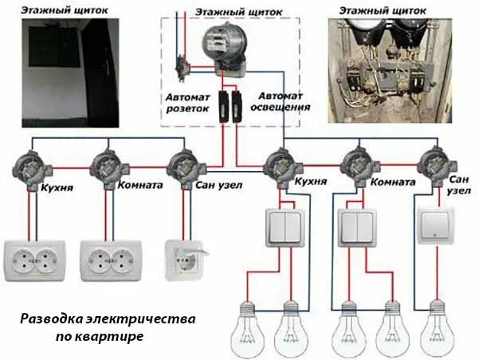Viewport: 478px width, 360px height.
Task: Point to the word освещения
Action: pos(280,106)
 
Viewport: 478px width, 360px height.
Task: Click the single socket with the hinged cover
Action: pos(186,259)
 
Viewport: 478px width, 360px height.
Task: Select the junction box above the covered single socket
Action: pos(185,166)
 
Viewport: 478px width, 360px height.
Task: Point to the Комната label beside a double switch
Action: pos(391,182)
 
